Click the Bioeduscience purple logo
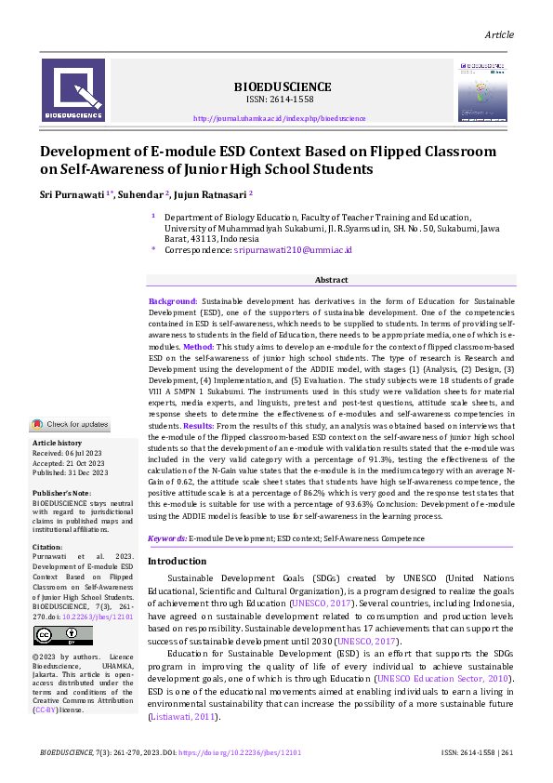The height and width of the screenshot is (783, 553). pyautogui.click(x=73, y=90)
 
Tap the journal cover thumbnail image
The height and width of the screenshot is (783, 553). pyautogui.click(x=482, y=90)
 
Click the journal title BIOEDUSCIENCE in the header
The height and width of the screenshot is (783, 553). pyautogui.click(x=280, y=86)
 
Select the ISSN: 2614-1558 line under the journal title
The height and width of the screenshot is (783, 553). pyautogui.click(x=280, y=100)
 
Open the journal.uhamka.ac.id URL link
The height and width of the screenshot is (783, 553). pyautogui.click(x=280, y=119)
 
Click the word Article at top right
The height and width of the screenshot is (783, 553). pyautogui.click(x=499, y=34)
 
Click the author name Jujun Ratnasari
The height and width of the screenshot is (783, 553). pyautogui.click(x=210, y=193)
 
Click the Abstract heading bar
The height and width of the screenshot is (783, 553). pyautogui.click(x=332, y=280)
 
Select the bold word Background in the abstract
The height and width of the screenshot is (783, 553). pyautogui.click(x=173, y=302)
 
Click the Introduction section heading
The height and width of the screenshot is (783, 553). pyautogui.click(x=178, y=562)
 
